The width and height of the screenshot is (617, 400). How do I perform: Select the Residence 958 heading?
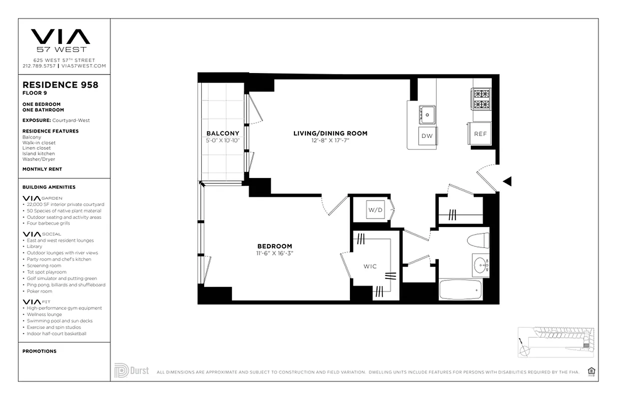click(x=60, y=85)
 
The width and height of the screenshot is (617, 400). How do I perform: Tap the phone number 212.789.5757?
click(x=39, y=66)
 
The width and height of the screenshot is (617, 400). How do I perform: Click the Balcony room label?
click(x=223, y=133)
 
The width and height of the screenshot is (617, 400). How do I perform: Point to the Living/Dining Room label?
click(x=330, y=133)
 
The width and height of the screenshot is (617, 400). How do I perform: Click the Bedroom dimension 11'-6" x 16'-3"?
click(x=275, y=253)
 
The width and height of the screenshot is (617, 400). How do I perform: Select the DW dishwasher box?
click(x=426, y=136)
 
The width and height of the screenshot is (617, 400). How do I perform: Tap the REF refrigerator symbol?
click(x=480, y=134)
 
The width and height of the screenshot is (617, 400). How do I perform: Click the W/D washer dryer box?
click(x=375, y=210)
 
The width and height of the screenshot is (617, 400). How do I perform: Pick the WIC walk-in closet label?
click(x=370, y=266)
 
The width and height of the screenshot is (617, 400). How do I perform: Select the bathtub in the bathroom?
click(x=460, y=289)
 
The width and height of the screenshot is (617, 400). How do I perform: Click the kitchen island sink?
click(x=427, y=114)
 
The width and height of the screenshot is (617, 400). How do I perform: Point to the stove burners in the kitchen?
click(x=481, y=99)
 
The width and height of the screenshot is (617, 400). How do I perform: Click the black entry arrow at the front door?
click(x=507, y=181)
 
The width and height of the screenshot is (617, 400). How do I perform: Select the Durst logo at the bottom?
click(x=132, y=370)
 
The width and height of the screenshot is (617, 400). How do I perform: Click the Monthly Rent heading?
click(x=42, y=169)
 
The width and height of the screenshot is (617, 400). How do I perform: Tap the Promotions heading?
click(x=39, y=351)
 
